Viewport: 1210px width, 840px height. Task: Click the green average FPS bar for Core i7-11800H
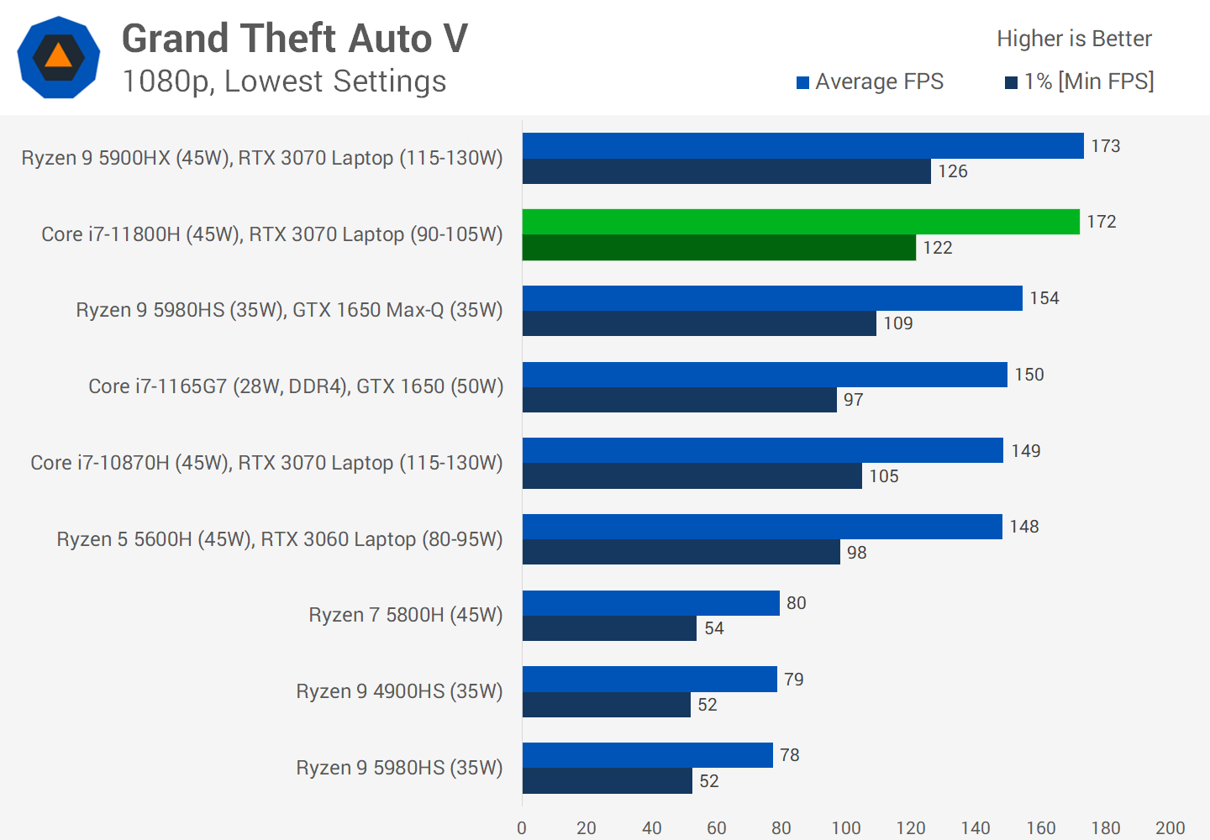tap(800, 222)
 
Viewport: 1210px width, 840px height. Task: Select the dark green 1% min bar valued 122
tap(718, 248)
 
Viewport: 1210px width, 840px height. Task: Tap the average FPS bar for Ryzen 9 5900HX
tap(802, 145)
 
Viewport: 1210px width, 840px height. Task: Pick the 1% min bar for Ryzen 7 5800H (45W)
tap(609, 628)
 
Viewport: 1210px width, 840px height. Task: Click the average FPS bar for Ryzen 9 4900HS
tap(650, 679)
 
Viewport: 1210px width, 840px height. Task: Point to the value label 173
tap(1105, 146)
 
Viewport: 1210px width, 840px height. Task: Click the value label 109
tap(897, 323)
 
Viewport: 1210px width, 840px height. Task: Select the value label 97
tap(853, 400)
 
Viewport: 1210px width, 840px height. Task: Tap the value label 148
tap(1023, 527)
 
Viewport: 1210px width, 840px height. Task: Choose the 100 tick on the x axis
tap(846, 828)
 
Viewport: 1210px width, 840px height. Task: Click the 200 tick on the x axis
tap(1170, 828)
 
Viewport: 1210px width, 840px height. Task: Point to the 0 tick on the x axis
tap(522, 828)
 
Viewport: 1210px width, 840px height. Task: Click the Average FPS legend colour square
tap(802, 82)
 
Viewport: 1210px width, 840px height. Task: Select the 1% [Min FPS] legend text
tap(1088, 81)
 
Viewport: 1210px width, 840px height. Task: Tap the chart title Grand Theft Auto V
tap(295, 39)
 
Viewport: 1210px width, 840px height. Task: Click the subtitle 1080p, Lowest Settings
tap(284, 81)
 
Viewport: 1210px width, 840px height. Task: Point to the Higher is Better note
tap(1074, 39)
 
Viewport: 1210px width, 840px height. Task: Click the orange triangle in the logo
tap(58, 56)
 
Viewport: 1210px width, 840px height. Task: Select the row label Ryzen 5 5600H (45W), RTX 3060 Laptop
tap(279, 539)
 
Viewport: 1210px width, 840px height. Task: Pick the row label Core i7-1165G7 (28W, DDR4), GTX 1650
tap(296, 386)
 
